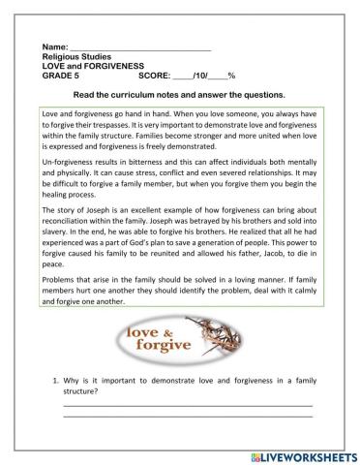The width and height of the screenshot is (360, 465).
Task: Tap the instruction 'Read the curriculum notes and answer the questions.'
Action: [x=179, y=95]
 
